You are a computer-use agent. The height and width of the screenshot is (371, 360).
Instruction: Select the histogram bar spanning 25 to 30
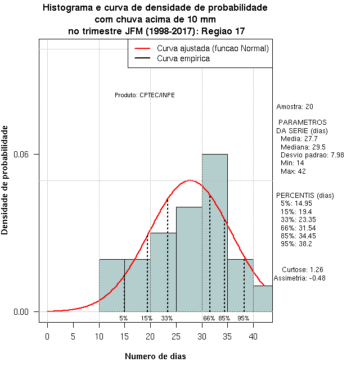point(189,259)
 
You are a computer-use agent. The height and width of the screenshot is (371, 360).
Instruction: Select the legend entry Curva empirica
point(183,58)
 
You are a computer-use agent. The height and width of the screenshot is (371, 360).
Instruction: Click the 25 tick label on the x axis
point(176,337)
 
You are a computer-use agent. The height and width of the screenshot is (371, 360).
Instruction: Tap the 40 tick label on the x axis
point(253,337)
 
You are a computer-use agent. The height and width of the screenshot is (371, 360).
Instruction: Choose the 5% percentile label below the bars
point(124,318)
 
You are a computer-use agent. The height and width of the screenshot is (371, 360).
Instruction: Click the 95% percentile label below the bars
point(244,318)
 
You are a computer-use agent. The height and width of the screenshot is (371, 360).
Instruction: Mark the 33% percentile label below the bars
point(167,318)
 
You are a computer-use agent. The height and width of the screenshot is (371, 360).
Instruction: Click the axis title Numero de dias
point(155,356)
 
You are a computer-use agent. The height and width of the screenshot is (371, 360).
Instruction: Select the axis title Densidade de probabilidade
point(5,180)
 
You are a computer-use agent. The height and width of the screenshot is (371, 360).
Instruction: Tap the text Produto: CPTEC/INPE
point(145,95)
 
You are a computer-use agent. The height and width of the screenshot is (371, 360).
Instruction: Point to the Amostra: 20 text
point(295,107)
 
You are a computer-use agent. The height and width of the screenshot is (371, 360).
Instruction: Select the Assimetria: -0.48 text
point(299,278)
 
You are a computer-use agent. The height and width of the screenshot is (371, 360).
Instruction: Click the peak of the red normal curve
point(190,180)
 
